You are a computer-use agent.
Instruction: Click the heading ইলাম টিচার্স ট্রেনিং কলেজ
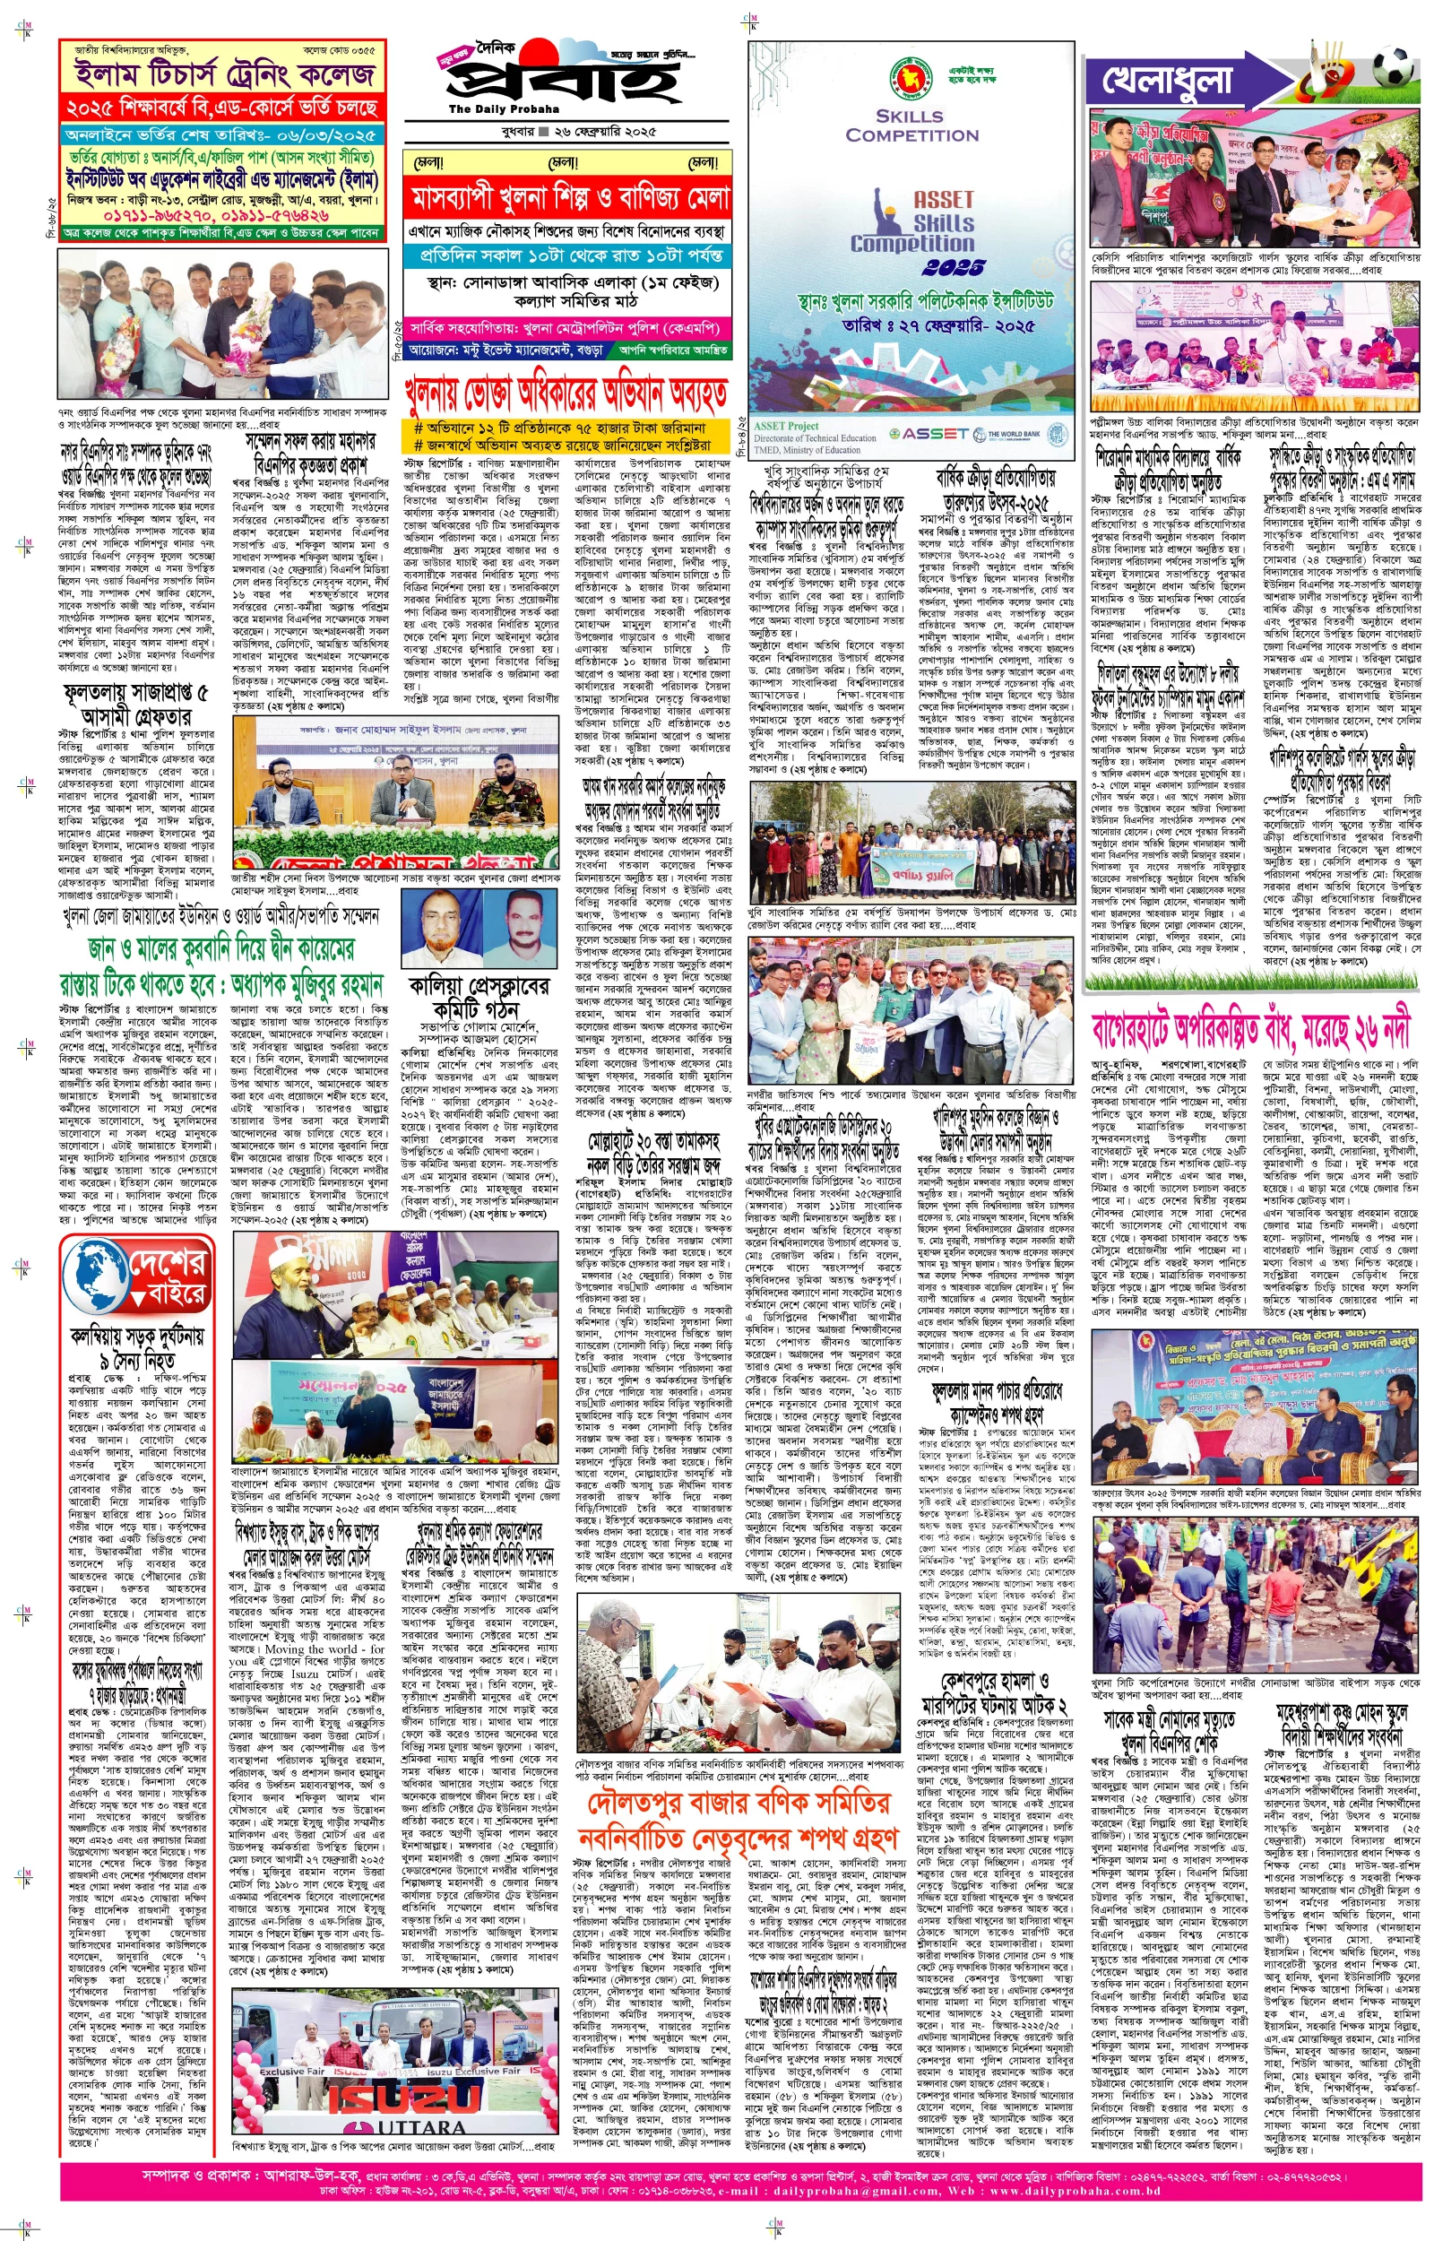point(223,74)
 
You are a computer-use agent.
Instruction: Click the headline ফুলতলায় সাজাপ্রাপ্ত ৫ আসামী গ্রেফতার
point(136,704)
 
